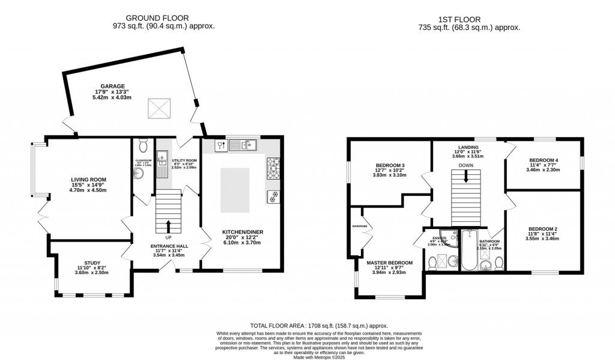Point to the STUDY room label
coord(92,263)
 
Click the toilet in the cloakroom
coord(143,146)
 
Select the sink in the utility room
coord(162,159)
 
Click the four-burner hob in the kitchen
coord(273,163)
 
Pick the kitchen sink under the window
coord(246,144)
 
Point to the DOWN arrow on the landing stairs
coord(466,176)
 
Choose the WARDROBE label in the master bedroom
coord(359,227)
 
